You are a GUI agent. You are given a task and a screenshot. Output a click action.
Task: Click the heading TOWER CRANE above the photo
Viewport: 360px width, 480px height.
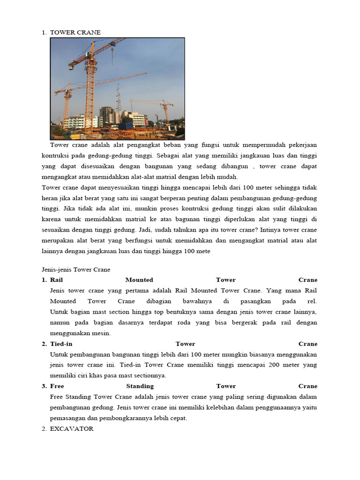pyautogui.click(x=75, y=32)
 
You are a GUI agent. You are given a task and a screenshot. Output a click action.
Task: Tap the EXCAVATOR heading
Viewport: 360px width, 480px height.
pyautogui.click(x=72, y=428)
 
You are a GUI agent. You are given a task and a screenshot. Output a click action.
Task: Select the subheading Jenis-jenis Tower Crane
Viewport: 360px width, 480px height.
pyautogui.click(x=73, y=270)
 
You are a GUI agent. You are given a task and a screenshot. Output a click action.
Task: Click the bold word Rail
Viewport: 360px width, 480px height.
pyautogui.click(x=56, y=280)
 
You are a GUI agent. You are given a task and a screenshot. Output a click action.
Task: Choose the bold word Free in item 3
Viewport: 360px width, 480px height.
pyautogui.click(x=57, y=386)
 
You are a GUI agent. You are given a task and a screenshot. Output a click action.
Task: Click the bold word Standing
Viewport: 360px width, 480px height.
pyautogui.click(x=140, y=386)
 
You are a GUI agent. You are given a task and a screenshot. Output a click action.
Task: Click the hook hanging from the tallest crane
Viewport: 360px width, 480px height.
pyautogui.click(x=112, y=62)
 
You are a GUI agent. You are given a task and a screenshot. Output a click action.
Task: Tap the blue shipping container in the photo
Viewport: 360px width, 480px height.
pyautogui.click(x=126, y=126)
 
